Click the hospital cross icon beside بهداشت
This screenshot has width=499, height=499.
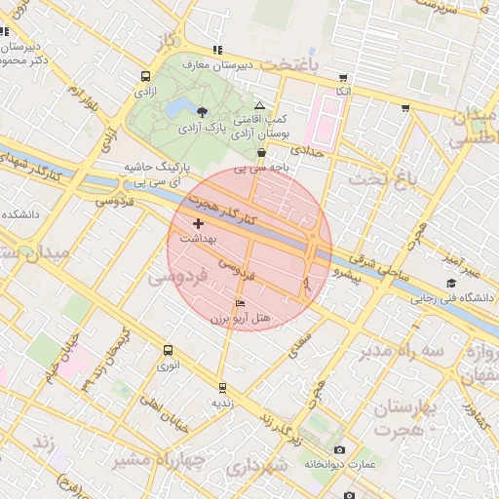[199, 224]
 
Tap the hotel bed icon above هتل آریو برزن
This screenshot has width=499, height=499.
[240, 304]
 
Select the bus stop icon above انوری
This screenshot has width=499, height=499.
[169, 350]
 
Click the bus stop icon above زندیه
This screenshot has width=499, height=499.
[222, 387]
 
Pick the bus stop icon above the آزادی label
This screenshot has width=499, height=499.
[145, 76]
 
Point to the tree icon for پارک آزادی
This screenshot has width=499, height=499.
[202, 112]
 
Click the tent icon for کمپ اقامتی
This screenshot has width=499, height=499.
[258, 105]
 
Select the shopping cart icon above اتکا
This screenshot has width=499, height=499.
[342, 77]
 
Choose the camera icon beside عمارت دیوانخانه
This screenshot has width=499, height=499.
[339, 449]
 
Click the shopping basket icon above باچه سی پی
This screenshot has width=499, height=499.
[261, 153]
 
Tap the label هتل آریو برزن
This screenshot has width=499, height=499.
[240, 319]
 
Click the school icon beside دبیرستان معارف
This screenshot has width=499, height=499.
[216, 50]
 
